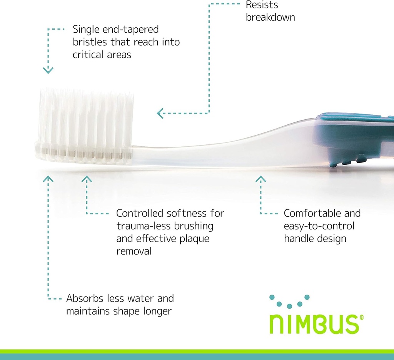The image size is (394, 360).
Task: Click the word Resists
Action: point(262,5)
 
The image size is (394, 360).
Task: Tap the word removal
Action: point(134,251)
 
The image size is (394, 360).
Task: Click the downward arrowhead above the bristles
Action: point(48,70)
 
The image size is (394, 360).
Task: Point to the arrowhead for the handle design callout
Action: point(260,179)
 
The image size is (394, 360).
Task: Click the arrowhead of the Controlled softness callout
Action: point(87,179)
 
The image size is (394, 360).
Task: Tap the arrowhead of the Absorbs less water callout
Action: point(48,179)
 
